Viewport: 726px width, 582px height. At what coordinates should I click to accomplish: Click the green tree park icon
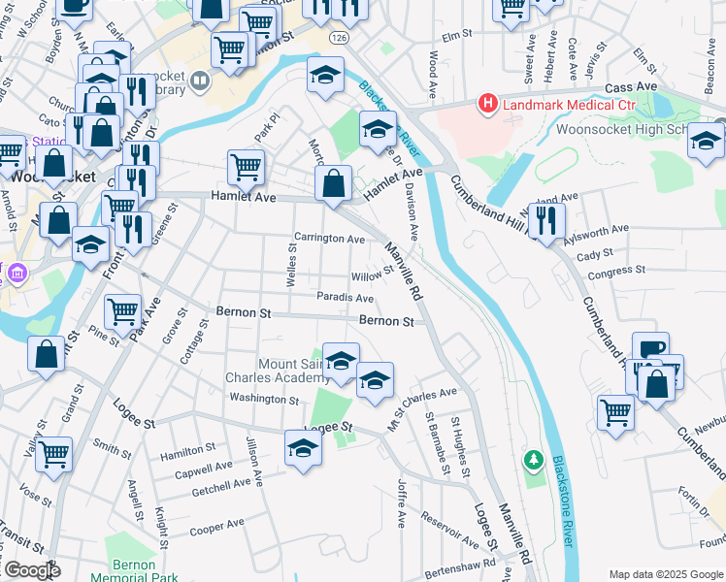coord(532,458)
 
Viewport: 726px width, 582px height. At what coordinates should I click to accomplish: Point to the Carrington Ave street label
coord(329,238)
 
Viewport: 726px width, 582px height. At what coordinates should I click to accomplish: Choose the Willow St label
coord(370,276)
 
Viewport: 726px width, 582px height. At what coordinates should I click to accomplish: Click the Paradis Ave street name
coord(345,298)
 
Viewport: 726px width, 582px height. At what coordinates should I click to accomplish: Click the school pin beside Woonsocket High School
coord(706,141)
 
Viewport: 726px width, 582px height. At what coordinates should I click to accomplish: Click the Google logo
coord(31,570)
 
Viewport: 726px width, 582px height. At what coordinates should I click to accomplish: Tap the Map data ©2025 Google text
coord(666,574)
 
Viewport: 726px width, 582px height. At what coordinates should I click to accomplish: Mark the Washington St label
coord(264,399)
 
